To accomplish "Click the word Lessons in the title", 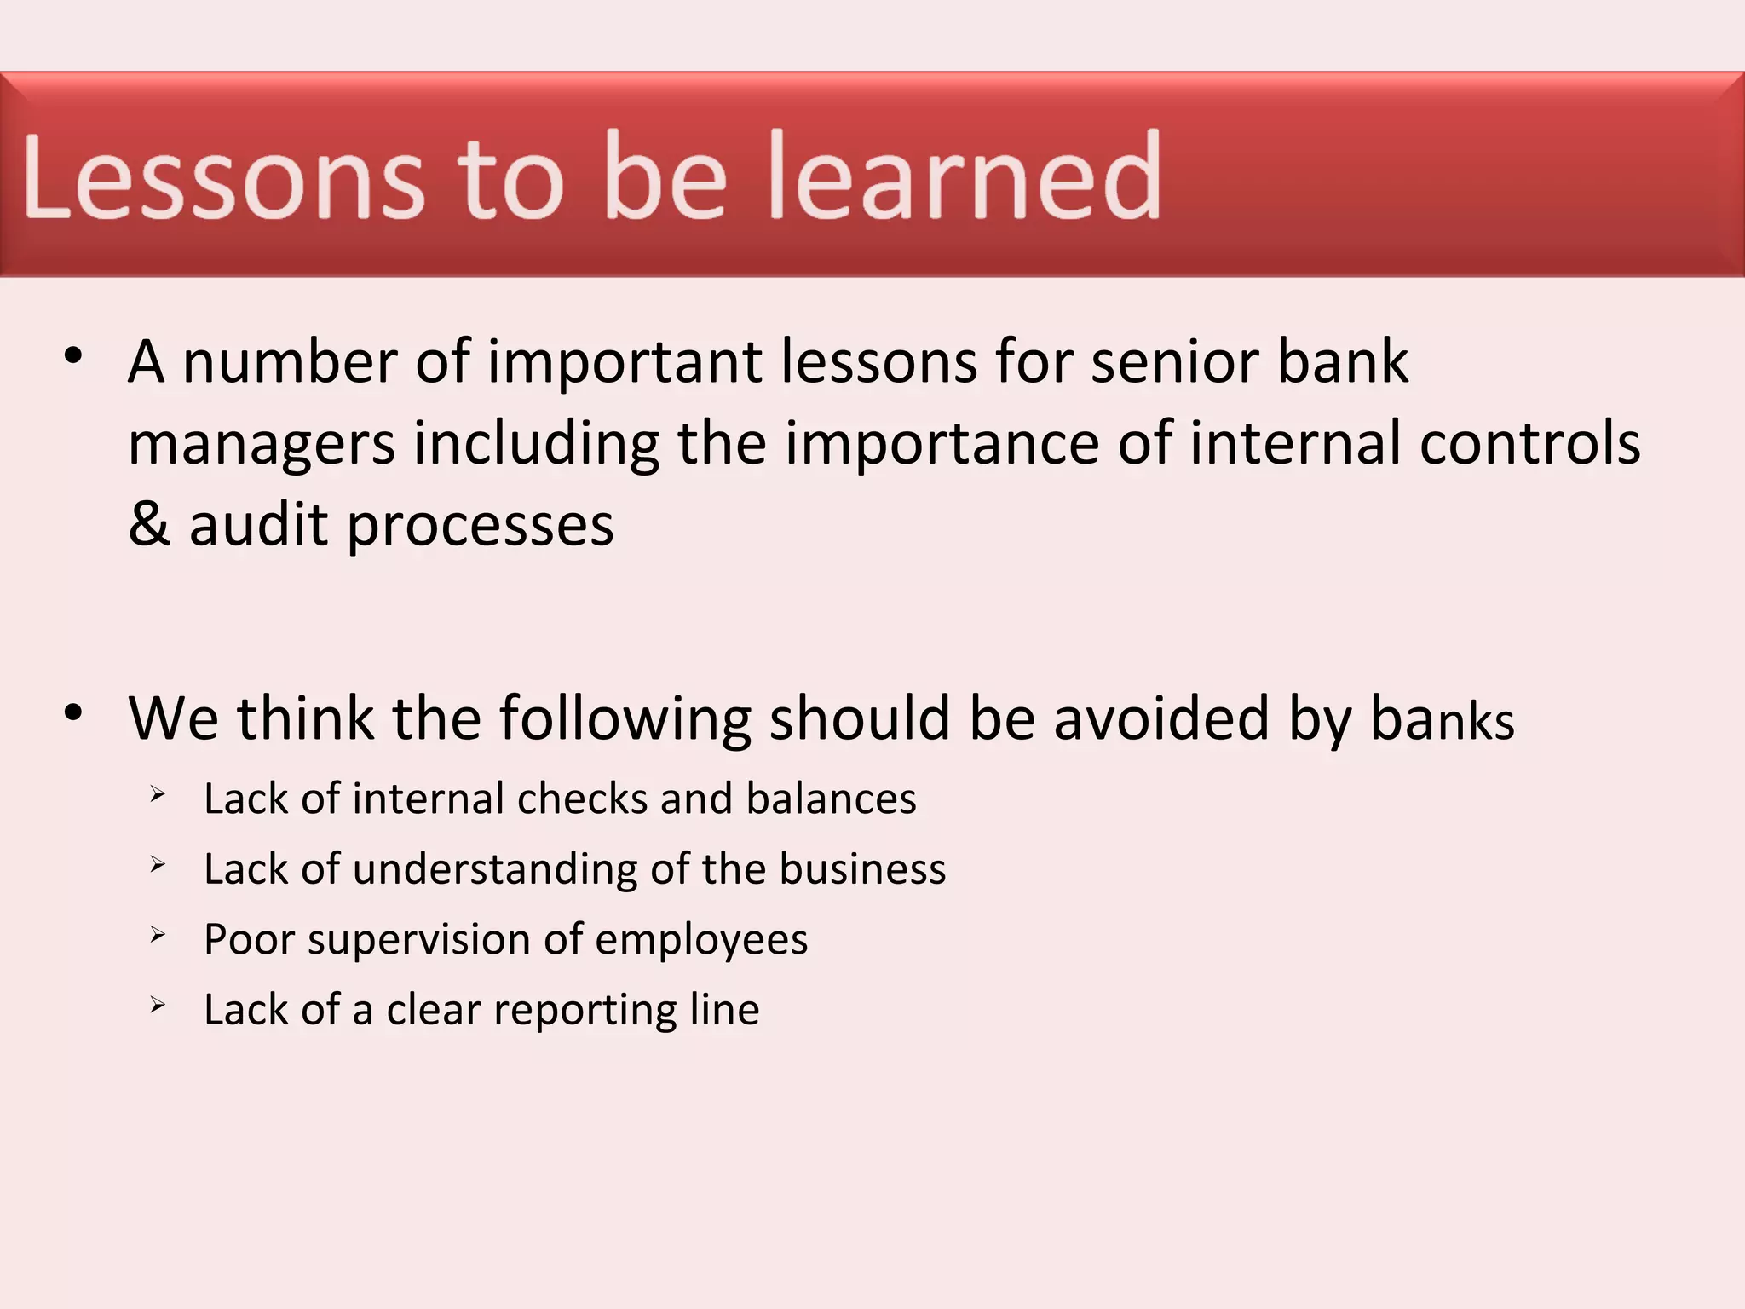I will pyautogui.click(x=223, y=176).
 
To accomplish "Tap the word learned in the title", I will pyautogui.click(x=965, y=176).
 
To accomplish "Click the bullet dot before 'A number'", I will pyautogui.click(x=73, y=355).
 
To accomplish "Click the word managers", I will pyautogui.click(x=262, y=445).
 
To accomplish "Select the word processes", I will pyautogui.click(x=480, y=526).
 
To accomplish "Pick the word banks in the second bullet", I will pyautogui.click(x=1442, y=718).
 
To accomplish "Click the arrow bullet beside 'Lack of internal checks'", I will pyautogui.click(x=158, y=794).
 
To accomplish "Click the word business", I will pyautogui.click(x=861, y=869).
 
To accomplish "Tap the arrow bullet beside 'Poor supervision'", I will pyautogui.click(x=158, y=935).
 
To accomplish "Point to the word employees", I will pyautogui.click(x=700, y=941).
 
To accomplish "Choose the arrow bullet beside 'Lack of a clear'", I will pyautogui.click(x=158, y=1005).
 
